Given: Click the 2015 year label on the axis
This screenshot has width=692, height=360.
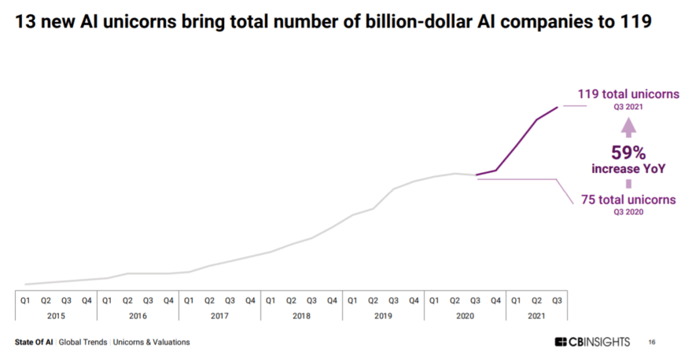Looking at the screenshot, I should (56, 315).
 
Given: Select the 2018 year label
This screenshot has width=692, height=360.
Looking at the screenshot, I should (301, 315).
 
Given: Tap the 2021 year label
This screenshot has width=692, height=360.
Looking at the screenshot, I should (536, 315).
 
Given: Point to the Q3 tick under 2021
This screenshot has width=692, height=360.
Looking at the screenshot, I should (557, 299).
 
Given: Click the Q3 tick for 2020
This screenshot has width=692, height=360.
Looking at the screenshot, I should (475, 299).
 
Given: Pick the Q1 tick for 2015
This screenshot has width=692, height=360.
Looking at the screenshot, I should (25, 299).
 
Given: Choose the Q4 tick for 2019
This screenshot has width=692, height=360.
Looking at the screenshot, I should (414, 299).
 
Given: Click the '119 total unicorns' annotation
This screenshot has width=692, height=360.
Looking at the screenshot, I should (628, 94).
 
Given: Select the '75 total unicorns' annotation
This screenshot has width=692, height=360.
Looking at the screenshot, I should (628, 200).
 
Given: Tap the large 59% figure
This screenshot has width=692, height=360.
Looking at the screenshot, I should (628, 152).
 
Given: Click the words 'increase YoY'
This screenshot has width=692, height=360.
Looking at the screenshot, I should (628, 169).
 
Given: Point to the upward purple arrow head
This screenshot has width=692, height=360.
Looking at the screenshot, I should (628, 126).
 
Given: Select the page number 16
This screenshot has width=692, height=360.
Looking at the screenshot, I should (652, 342).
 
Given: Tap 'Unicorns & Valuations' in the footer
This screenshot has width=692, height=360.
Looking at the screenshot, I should (151, 342).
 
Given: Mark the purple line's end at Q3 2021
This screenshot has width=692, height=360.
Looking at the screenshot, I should (558, 107).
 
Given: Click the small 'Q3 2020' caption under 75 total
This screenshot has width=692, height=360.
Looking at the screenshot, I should (628, 212).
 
